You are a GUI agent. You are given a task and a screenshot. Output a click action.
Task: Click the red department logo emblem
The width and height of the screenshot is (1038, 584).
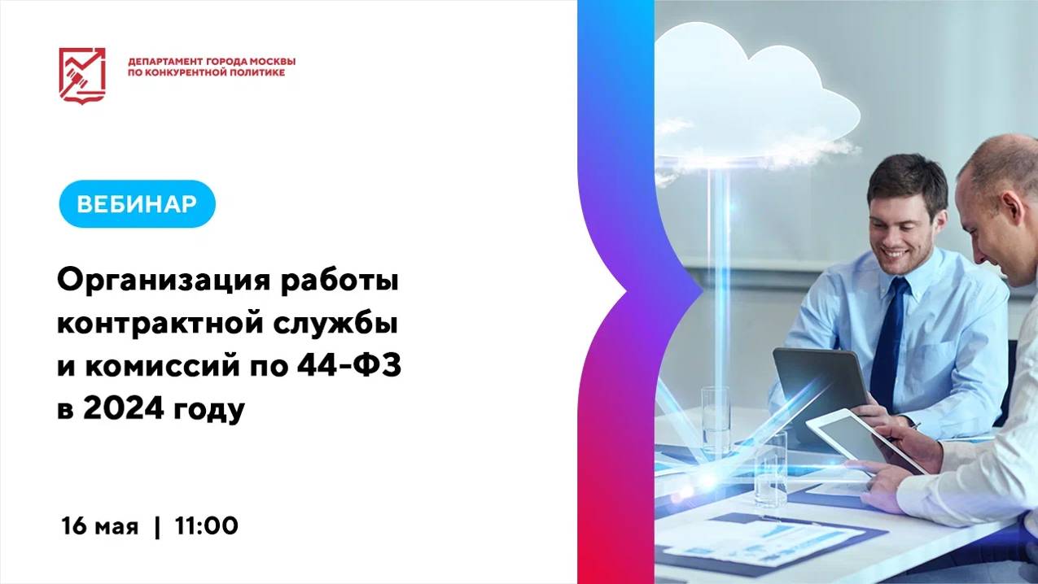coord(82,74)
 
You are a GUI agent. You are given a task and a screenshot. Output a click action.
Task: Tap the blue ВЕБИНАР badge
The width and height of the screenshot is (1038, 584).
coord(137,203)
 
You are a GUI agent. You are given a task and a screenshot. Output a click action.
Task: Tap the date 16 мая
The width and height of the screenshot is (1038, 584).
coord(100,526)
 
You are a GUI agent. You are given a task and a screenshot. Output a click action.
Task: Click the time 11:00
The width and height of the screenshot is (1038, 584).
coord(206,526)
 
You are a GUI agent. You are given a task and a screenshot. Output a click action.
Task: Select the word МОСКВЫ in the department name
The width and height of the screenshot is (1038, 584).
coord(272,62)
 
